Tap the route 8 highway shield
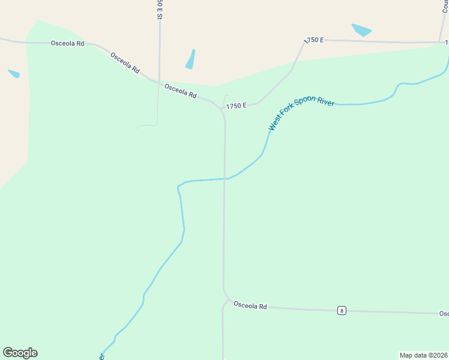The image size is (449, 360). [x=341, y=310]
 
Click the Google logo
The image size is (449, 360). [x=20, y=353]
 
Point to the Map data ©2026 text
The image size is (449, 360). [x=423, y=355]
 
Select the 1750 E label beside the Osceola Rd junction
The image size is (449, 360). [x=236, y=106]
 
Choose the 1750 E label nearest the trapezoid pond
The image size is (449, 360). [x=313, y=40]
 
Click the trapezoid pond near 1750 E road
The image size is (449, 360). [x=361, y=30]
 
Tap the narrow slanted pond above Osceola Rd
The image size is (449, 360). [x=190, y=59]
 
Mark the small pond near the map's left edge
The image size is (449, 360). [x=14, y=74]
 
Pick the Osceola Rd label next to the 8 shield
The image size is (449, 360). [x=250, y=306]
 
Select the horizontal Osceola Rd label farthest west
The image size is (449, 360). [x=67, y=43]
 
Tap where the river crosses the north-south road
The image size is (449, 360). [x=224, y=178]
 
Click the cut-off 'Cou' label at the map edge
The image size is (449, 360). [x=445, y=7]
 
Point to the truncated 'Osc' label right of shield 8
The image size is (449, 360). [x=444, y=314]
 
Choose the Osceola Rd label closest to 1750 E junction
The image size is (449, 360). [x=180, y=91]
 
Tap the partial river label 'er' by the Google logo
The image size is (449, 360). [x=101, y=356]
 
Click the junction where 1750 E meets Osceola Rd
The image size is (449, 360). [x=221, y=108]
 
